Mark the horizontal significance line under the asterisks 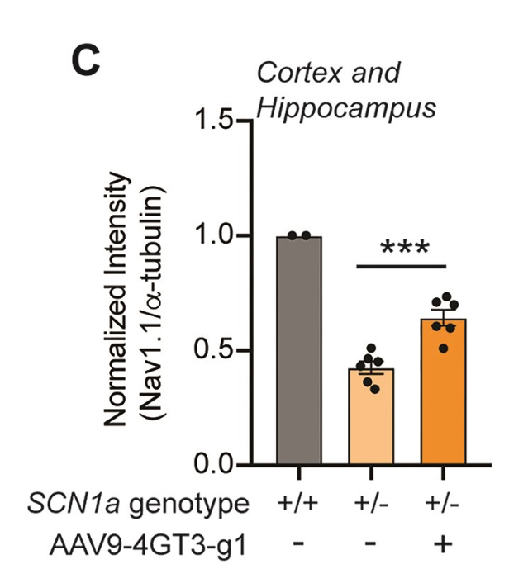pos(402,267)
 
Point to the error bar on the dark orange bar pos(443,319)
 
